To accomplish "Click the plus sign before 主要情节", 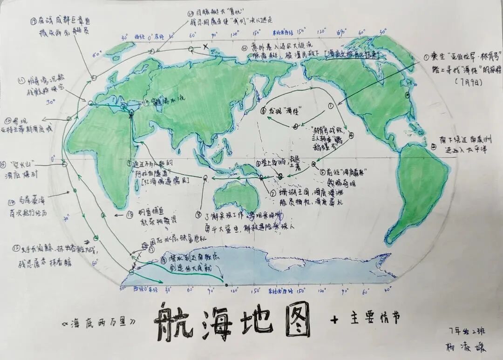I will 333,319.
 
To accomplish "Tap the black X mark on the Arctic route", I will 205,46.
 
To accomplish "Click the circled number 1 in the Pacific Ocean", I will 331,106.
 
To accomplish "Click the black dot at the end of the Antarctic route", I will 226,285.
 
